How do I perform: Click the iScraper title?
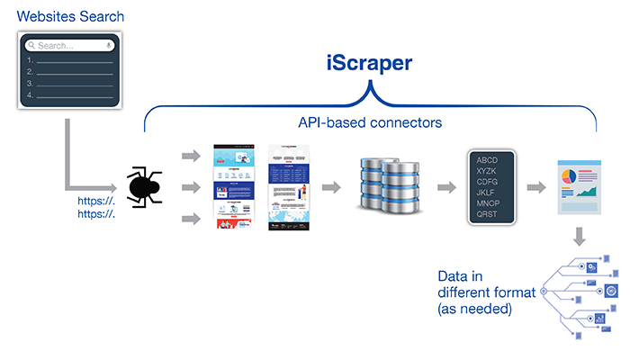(x=370, y=64)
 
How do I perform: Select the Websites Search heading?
(x=71, y=16)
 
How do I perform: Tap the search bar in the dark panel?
(x=70, y=45)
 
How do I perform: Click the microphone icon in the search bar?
(x=109, y=45)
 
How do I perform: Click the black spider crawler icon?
(x=145, y=187)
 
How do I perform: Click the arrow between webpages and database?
(x=332, y=187)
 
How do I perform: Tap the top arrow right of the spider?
(x=191, y=156)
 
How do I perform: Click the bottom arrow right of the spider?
(x=191, y=219)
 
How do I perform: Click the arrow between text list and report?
(x=537, y=187)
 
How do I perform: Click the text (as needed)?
(x=474, y=309)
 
